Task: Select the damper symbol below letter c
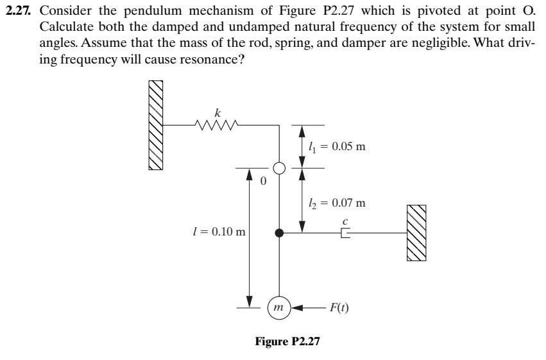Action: (x=345, y=234)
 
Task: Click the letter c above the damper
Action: (x=345, y=222)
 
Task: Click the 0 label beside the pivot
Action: (x=262, y=182)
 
